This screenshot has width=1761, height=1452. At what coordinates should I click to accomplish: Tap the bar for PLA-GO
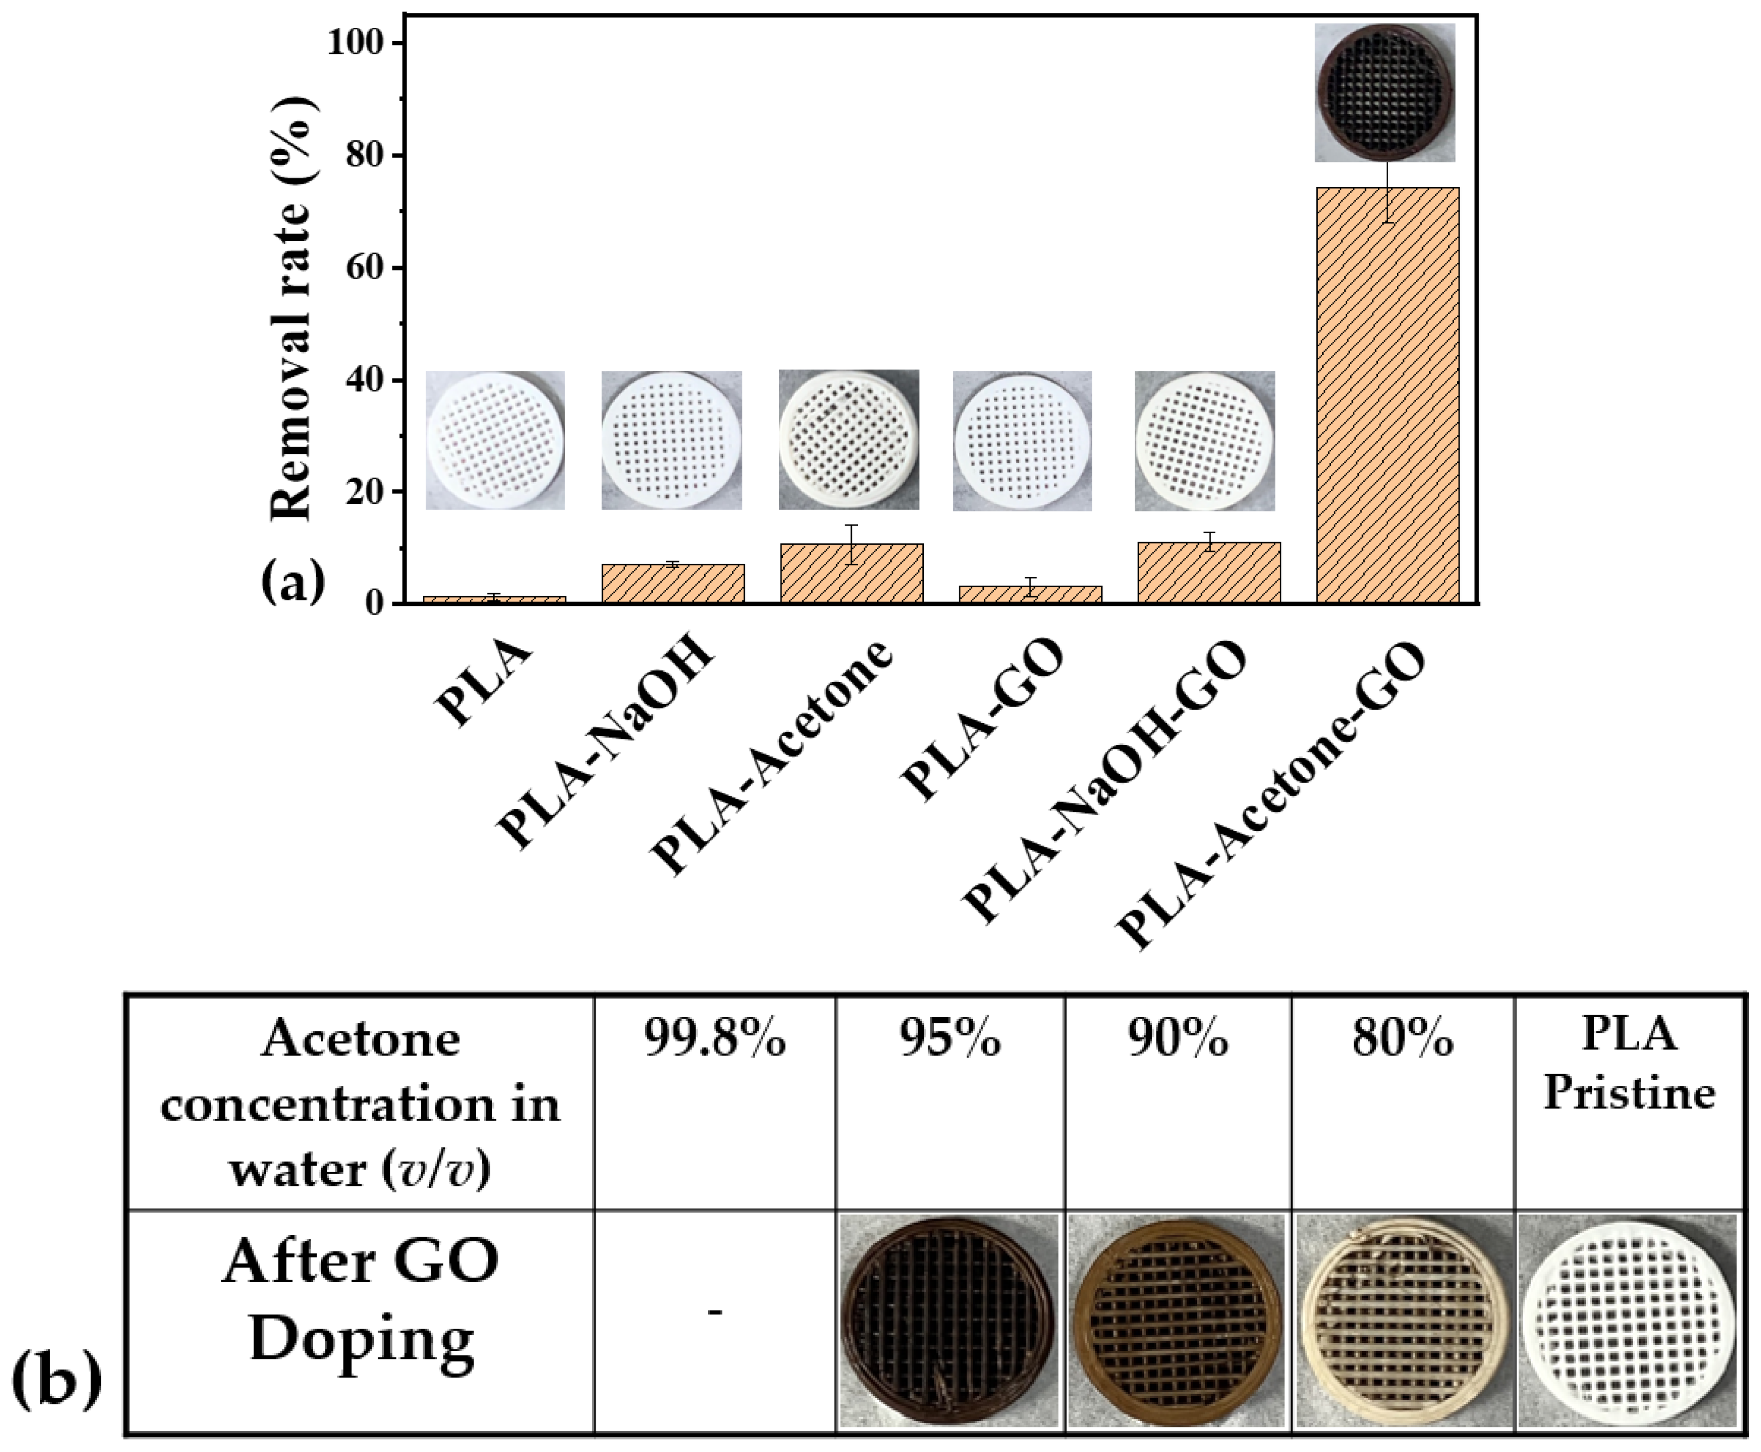point(1030,594)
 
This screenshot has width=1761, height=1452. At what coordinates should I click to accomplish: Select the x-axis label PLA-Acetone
point(773,757)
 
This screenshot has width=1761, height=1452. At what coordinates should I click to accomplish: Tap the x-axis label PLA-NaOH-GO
point(1104,782)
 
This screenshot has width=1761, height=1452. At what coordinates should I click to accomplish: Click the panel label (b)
point(57,1382)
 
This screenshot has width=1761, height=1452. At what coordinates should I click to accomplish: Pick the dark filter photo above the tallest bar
point(1385,92)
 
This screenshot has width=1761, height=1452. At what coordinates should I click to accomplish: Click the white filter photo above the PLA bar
point(495,440)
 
